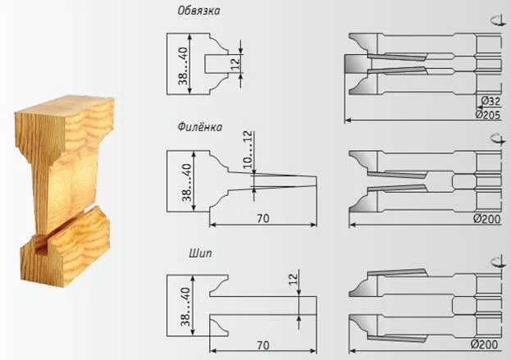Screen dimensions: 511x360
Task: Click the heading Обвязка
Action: pos(198,11)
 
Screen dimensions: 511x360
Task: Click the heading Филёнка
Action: pos(200,127)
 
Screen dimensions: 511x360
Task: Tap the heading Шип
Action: pos(200,253)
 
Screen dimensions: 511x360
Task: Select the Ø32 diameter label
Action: pos(490,102)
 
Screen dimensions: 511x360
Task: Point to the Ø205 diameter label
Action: pos(487,114)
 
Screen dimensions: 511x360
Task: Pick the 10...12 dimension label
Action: pos(248,149)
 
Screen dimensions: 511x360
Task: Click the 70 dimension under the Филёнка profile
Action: pos(263,218)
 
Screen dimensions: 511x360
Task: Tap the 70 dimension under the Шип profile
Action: pos(263,345)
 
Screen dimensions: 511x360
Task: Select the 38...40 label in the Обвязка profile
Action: pos(183,66)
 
